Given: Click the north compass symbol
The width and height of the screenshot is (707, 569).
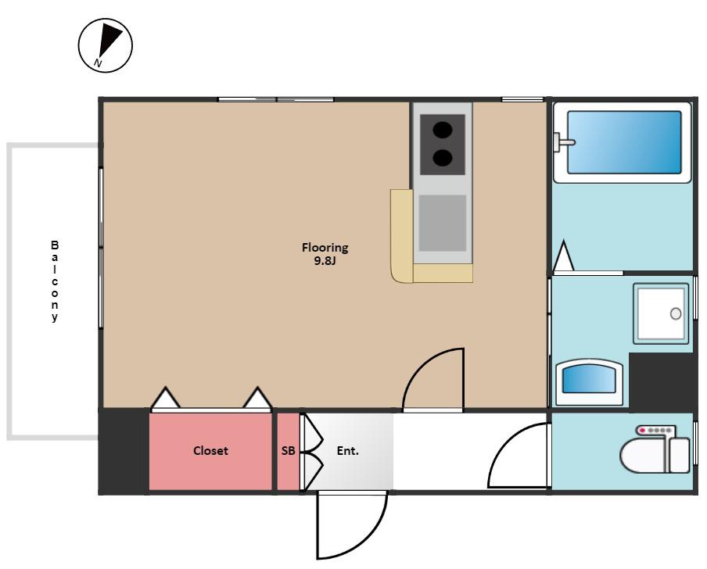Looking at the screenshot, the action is click(x=106, y=45).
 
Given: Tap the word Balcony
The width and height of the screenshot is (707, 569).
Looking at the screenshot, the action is click(x=55, y=281).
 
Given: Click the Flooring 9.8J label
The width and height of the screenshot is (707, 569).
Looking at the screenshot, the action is click(x=325, y=254).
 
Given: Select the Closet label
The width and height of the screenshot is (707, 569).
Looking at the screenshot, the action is click(x=210, y=450).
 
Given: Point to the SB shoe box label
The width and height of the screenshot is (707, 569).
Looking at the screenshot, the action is click(x=288, y=450).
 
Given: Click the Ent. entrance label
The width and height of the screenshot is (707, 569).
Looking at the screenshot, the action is click(x=348, y=450).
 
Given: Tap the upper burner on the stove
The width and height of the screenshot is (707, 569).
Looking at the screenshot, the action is click(x=443, y=130).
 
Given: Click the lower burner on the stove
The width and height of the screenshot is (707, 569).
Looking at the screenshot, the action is click(x=443, y=157).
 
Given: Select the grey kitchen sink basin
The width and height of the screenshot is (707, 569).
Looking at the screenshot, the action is click(x=443, y=223).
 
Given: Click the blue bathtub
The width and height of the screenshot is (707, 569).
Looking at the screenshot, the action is click(x=624, y=142).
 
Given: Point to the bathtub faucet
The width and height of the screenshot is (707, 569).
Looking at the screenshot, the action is click(x=563, y=143).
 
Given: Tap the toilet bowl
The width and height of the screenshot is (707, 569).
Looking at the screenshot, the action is click(x=644, y=456).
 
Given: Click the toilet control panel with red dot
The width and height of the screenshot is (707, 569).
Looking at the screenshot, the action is click(x=655, y=431).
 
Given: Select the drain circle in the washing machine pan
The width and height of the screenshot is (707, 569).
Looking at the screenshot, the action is click(x=676, y=313).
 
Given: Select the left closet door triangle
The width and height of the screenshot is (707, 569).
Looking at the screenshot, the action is click(x=166, y=397).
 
